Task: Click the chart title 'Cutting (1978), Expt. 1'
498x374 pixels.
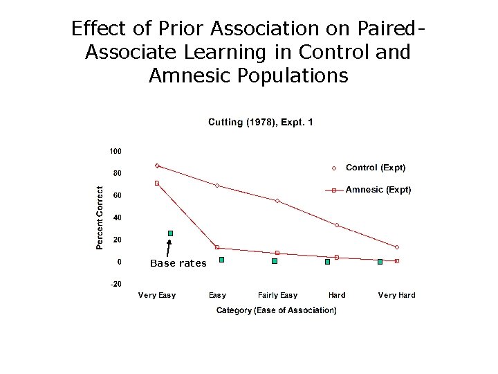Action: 261,123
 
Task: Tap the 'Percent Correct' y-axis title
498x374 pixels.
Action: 100,217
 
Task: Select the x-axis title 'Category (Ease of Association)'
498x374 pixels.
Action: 277,310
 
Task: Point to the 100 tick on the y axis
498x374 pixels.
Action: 116,150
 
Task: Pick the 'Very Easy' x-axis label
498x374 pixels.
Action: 157,295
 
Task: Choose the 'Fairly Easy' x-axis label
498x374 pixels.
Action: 277,295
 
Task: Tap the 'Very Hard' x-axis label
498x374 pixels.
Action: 396,295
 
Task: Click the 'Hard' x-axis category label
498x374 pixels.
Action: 337,295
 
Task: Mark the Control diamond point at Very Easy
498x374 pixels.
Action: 157,166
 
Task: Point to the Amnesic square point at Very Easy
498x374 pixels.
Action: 157,183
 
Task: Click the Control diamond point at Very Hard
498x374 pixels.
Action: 397,247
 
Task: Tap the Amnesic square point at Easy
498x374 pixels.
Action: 217,247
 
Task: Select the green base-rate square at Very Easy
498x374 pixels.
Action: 170,233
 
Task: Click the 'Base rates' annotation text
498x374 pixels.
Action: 178,263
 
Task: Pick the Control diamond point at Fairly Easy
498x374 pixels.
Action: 277,201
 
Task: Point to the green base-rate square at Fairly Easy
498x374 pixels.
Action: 275,262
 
